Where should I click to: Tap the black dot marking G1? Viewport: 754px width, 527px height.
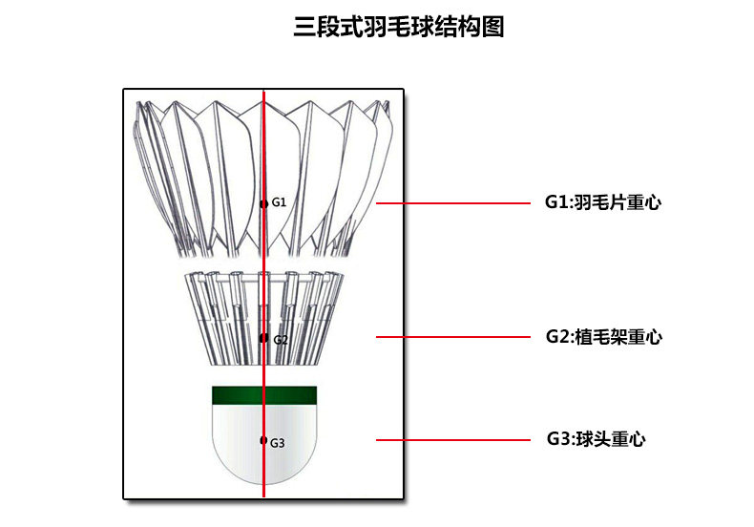263,203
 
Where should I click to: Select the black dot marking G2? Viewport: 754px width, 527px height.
263,338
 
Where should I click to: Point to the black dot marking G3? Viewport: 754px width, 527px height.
263,440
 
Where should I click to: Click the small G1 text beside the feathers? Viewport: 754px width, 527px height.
279,202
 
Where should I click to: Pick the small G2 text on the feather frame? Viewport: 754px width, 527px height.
280,340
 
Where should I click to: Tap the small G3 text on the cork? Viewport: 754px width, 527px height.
278,443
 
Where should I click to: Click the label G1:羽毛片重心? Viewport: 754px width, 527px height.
603,202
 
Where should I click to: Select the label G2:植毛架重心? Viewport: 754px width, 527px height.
603,336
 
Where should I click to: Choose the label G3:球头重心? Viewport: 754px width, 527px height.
596,439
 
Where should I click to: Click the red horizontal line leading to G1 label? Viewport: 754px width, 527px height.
453,202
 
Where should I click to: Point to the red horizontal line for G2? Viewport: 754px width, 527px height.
453,336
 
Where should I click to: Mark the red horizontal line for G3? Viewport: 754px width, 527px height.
453,440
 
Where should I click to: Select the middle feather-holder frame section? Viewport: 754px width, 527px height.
229,315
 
